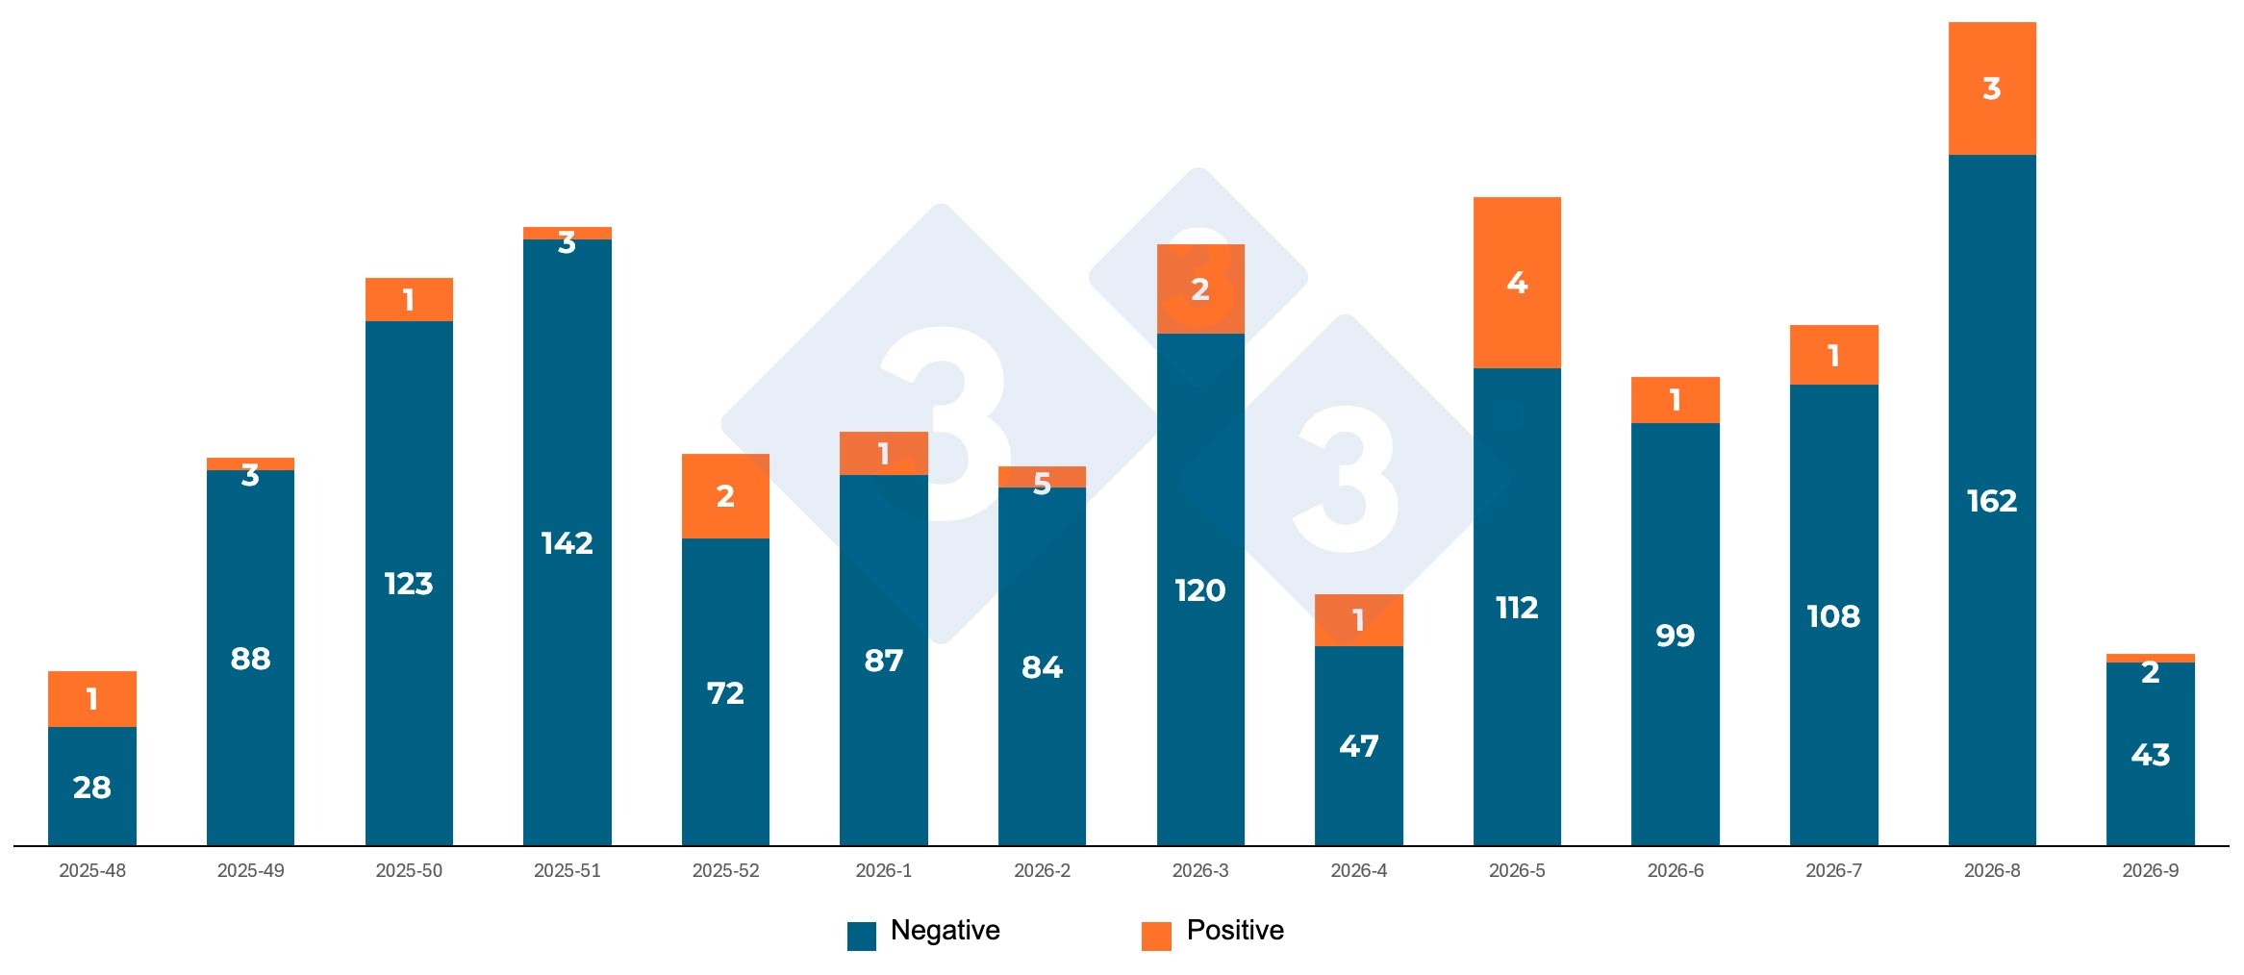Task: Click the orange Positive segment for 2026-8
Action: coord(1991,88)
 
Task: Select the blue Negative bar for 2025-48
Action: coord(91,787)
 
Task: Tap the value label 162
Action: coord(1991,501)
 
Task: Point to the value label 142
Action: coord(567,543)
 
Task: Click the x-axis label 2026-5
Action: coord(1517,870)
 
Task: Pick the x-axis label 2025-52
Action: coord(725,870)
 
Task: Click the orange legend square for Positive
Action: coord(1156,936)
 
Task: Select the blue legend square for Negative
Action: coord(861,936)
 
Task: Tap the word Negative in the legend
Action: coord(945,930)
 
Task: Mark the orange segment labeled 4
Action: coord(1517,283)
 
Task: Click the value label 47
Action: coord(1358,746)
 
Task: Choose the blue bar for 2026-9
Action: coord(2150,755)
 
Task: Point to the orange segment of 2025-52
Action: coord(725,496)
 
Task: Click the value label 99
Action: coord(1675,636)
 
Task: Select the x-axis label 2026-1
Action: coord(883,870)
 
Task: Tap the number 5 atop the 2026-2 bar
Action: coord(1042,484)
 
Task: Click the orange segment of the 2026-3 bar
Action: coord(1199,289)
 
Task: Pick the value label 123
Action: coord(408,584)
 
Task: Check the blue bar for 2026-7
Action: coord(1833,615)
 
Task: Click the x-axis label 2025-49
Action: coord(250,870)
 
